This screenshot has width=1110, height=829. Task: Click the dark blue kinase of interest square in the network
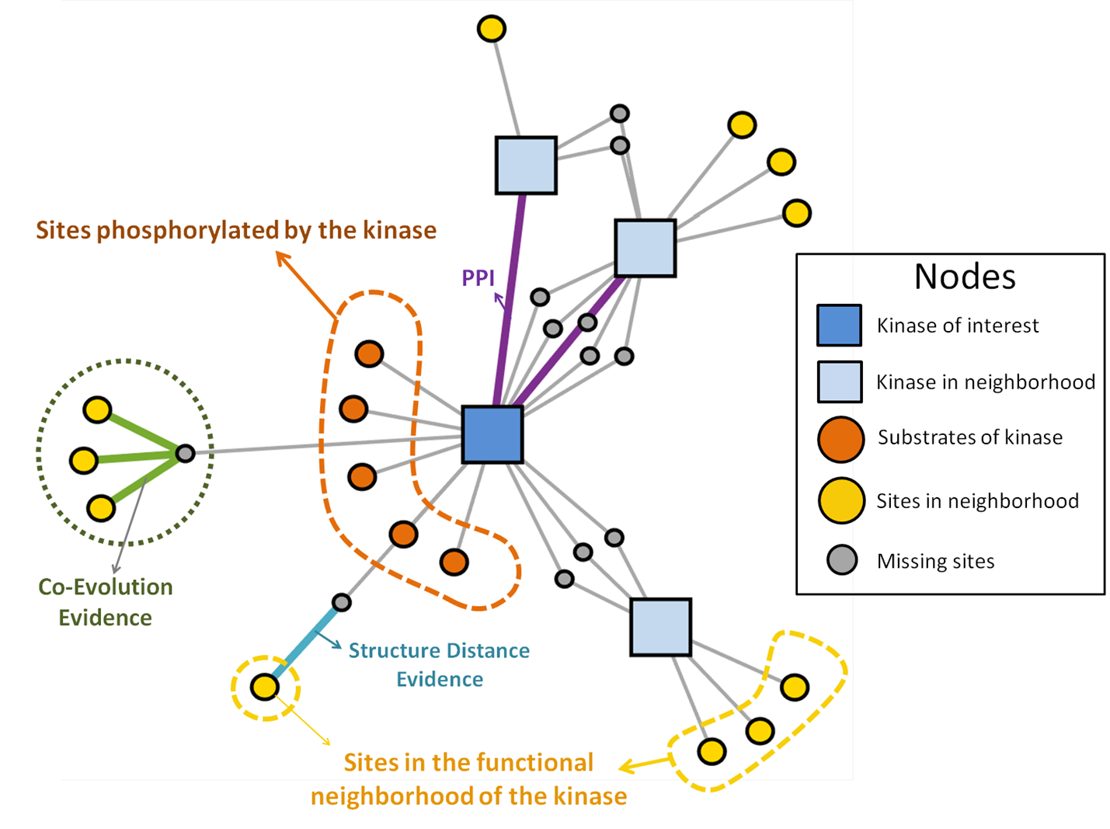click(x=492, y=434)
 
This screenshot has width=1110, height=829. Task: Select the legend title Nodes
click(x=964, y=277)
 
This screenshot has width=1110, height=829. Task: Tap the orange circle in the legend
click(x=840, y=439)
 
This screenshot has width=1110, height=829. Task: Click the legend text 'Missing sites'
click(x=935, y=561)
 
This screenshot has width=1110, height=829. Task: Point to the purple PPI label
click(x=478, y=278)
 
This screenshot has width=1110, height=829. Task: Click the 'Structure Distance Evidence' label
click(x=439, y=664)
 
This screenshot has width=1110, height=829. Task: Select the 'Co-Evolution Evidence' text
click(x=106, y=602)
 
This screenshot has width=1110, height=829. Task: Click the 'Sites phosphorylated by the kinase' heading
click(x=236, y=230)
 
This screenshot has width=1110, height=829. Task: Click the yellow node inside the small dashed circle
click(x=265, y=687)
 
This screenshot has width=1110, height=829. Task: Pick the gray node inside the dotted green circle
click(x=185, y=453)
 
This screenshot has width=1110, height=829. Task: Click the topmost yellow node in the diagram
click(x=491, y=29)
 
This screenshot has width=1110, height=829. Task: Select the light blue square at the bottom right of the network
click(x=660, y=627)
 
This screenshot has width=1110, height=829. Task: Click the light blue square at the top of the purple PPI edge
click(x=526, y=165)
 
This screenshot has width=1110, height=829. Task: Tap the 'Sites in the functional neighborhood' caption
click(x=468, y=778)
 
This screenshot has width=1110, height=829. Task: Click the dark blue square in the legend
click(x=839, y=325)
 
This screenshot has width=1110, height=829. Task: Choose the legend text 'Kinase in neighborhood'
click(x=986, y=382)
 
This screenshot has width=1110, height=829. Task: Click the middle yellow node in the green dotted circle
click(x=83, y=460)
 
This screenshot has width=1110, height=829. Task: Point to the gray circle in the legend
click(x=841, y=559)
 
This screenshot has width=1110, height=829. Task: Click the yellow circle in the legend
click(x=840, y=500)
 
